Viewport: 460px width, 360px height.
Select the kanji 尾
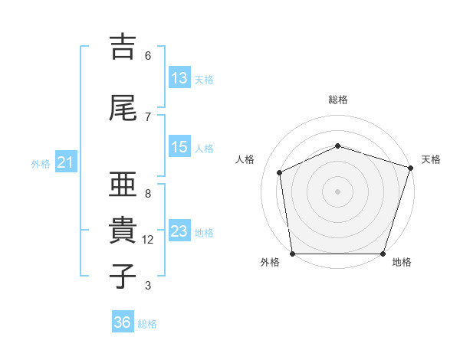pyautogui.click(x=123, y=108)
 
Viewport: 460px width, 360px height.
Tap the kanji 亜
pyautogui.click(x=123, y=184)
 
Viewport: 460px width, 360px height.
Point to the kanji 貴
pyautogui.click(x=123, y=230)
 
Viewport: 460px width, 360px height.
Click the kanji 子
pyautogui.click(x=123, y=276)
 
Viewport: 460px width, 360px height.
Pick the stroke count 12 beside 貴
pyautogui.click(x=147, y=240)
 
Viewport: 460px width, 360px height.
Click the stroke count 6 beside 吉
pyautogui.click(x=148, y=56)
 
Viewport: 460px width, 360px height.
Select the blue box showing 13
pyautogui.click(x=180, y=77)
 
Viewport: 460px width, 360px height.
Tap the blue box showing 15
pyautogui.click(x=180, y=146)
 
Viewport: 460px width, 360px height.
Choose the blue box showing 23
pyautogui.click(x=180, y=230)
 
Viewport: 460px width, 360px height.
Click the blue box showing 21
pyautogui.click(x=66, y=162)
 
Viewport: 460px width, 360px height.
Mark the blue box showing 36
pyautogui.click(x=123, y=321)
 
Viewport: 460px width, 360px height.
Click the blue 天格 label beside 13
pyautogui.click(x=204, y=80)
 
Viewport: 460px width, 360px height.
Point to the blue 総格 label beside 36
pyautogui.click(x=147, y=324)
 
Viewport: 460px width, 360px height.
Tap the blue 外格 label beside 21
pyautogui.click(x=41, y=164)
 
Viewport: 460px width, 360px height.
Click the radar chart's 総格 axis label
pyautogui.click(x=338, y=100)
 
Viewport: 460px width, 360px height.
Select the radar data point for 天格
pyautogui.click(x=410, y=168)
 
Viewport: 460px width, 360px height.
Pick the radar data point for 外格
pyautogui.click(x=293, y=254)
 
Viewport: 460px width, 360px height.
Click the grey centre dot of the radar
pyautogui.click(x=337, y=191)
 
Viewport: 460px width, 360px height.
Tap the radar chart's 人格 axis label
pyautogui.click(x=245, y=159)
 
